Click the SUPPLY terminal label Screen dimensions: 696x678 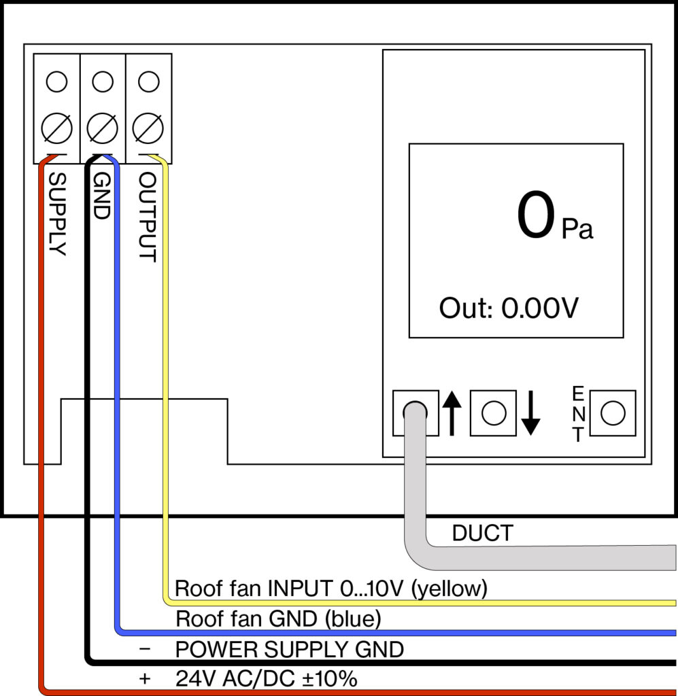coord(58,214)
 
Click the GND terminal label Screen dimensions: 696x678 coord(101,195)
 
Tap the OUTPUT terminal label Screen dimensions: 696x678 coord(148,217)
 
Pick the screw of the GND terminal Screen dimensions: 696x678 coord(102,127)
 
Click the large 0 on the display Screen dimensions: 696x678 coord(535,216)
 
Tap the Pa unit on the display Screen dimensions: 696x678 coord(577,229)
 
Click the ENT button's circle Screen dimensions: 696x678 coord(613,413)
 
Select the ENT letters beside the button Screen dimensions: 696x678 coord(578,413)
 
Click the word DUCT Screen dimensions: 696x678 coord(482,534)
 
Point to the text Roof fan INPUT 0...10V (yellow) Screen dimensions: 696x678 coord(331,588)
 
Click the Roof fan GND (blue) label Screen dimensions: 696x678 coord(277,619)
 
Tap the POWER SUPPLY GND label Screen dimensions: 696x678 coord(290,650)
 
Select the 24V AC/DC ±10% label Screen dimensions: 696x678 coord(267,678)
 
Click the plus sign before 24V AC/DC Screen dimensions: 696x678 coord(144,678)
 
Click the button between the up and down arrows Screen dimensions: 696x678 coord(493,413)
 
